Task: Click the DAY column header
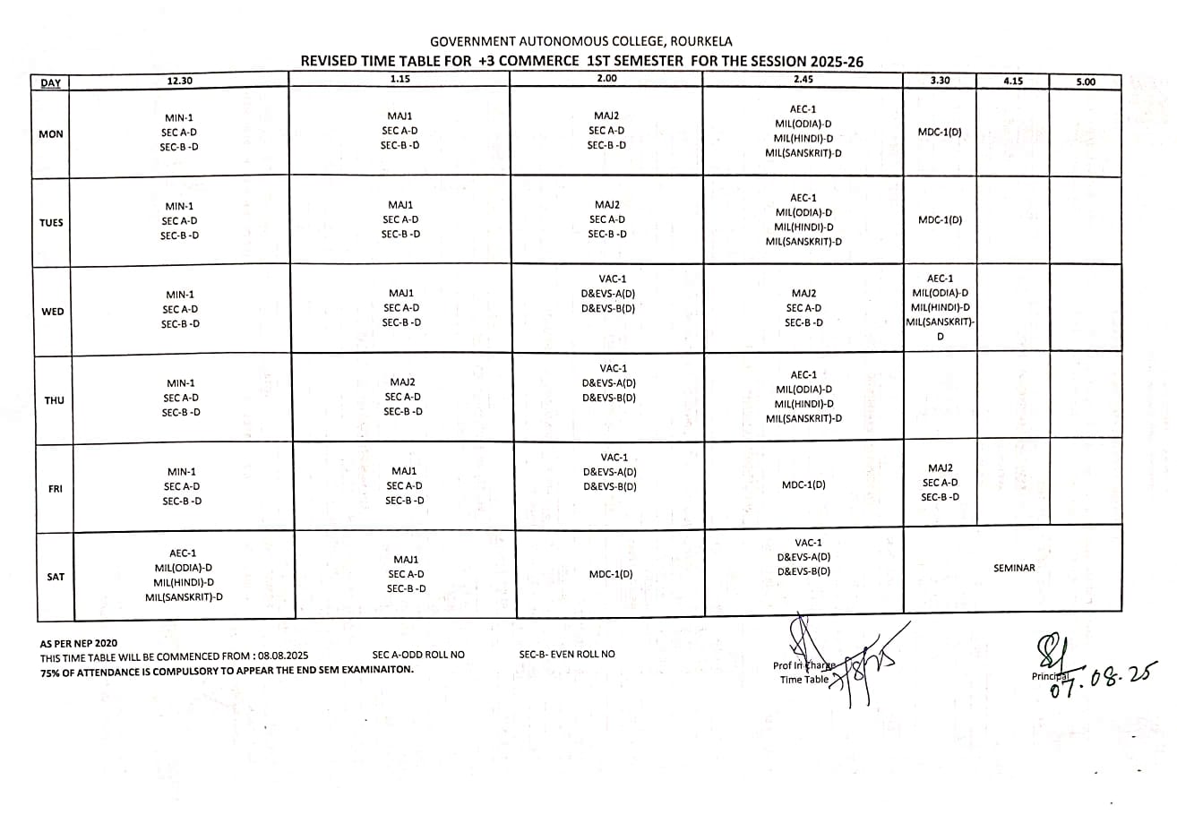[x=51, y=83]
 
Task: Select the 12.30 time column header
[x=180, y=81]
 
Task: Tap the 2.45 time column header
[x=803, y=79]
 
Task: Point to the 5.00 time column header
[x=1085, y=81]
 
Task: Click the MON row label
[x=51, y=133]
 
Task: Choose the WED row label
[x=53, y=311]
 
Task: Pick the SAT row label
[x=56, y=576]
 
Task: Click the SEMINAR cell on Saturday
[x=1013, y=568]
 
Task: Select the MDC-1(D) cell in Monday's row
[x=940, y=133]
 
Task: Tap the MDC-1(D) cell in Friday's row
[x=803, y=484]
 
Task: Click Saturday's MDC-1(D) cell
[x=611, y=574]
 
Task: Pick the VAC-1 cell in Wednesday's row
[x=609, y=294]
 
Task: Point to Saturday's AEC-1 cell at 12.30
[x=184, y=575]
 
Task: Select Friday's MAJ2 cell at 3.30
[x=941, y=482]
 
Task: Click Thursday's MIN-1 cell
[x=181, y=398]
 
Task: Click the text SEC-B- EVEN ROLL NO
[x=567, y=654]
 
